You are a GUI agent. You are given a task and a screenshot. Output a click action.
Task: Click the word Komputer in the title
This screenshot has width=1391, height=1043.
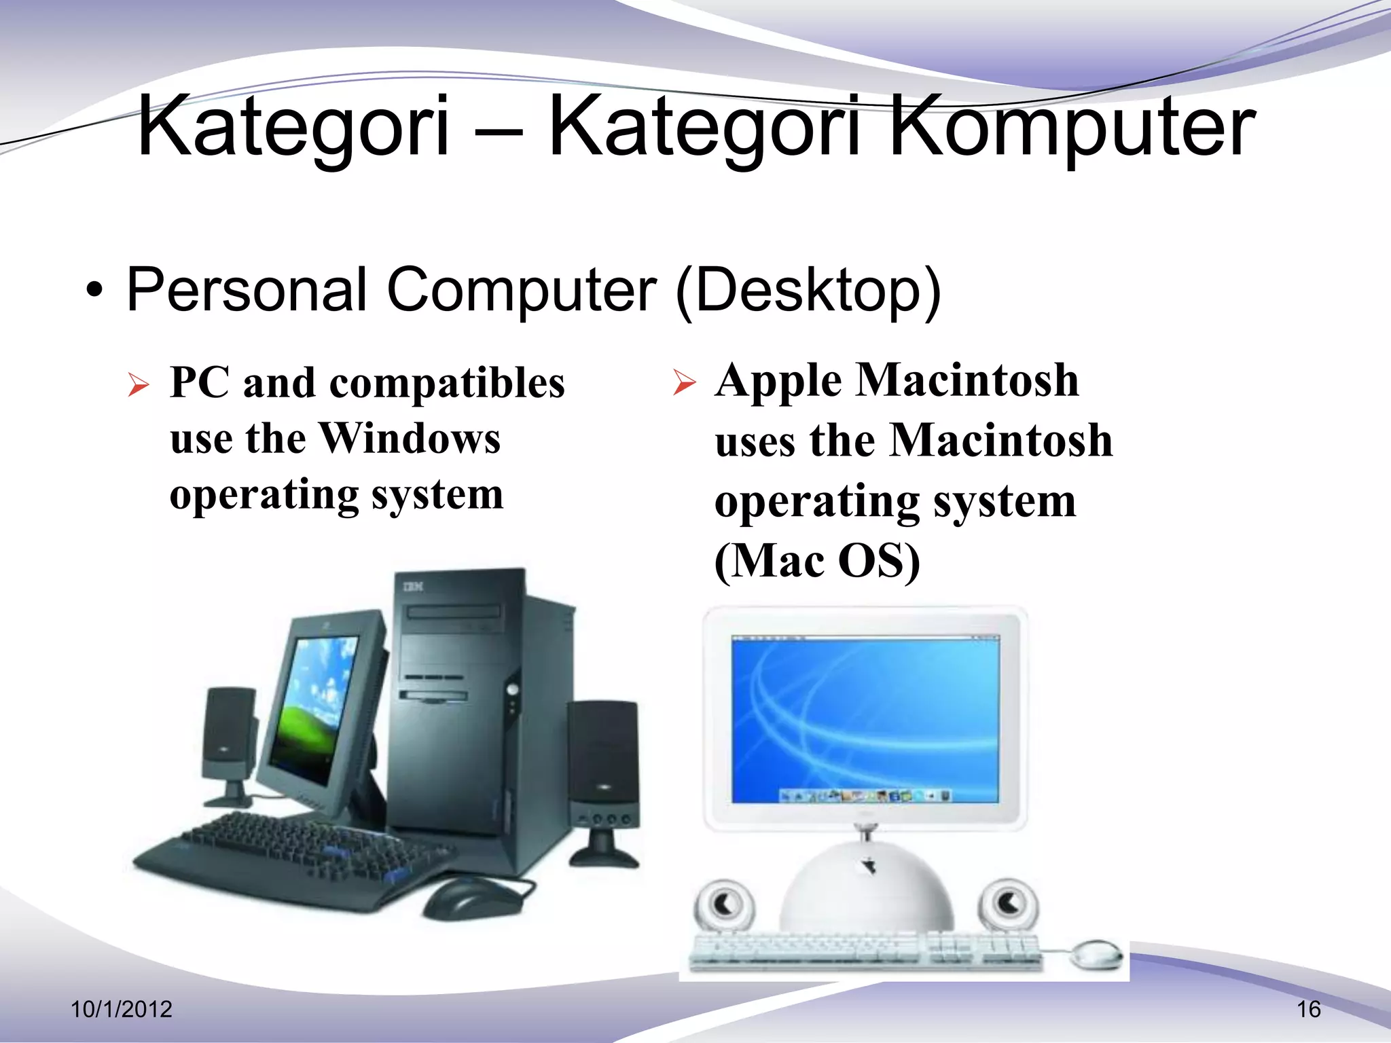1072,128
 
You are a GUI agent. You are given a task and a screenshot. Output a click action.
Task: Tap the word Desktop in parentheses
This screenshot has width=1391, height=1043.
808,291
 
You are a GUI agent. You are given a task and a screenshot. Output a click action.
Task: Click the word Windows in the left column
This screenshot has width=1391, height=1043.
410,438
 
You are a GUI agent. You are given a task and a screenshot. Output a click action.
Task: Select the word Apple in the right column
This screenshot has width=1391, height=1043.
778,380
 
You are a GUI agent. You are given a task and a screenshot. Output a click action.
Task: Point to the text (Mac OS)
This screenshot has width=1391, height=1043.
817,561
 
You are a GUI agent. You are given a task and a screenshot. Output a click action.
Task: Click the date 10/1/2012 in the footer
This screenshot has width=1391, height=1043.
122,1009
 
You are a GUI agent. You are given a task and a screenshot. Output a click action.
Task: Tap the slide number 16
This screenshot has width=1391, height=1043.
1309,1009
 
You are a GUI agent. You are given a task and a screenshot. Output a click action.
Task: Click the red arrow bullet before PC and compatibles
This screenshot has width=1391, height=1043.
138,385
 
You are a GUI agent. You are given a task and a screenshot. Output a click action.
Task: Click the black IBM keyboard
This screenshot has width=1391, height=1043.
292,856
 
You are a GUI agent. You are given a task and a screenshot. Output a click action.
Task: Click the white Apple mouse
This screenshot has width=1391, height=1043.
1096,954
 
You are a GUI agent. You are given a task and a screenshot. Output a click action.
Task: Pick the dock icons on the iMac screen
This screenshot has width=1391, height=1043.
865,795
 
